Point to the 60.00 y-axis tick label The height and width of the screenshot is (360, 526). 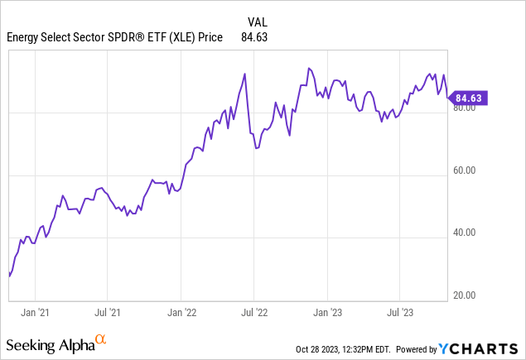coord(464,171)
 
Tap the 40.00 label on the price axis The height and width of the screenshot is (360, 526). coord(464,233)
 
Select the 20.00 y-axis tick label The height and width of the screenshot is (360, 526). coord(464,295)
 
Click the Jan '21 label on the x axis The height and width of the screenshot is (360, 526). coord(34,313)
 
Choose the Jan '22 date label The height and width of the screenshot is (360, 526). coord(181,313)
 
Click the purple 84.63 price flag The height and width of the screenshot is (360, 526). coord(467,98)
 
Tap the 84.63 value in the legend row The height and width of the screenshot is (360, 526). coord(254,36)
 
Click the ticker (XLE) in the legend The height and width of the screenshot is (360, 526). coord(189,36)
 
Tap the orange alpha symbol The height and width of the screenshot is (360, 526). coord(101,339)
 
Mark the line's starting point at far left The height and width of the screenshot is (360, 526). coord(9,275)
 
